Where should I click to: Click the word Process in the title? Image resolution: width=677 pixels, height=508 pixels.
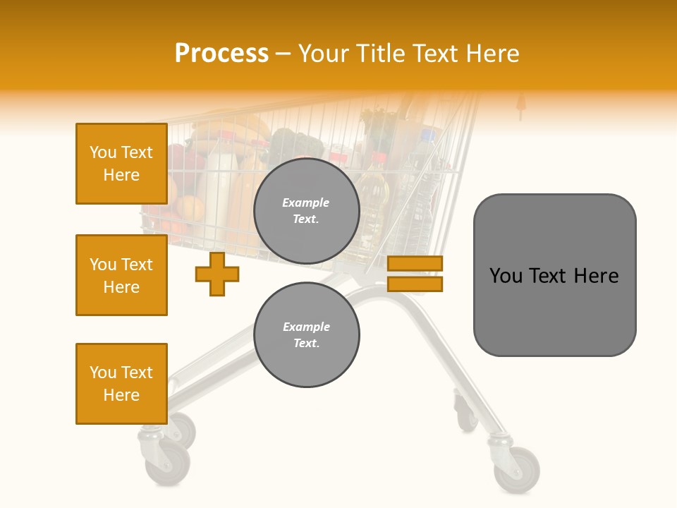point(221,54)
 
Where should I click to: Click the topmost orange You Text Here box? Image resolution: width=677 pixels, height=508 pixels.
point(121,164)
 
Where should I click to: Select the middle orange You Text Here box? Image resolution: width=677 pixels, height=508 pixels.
point(121,275)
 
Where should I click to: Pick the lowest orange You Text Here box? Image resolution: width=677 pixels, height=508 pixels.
point(121,384)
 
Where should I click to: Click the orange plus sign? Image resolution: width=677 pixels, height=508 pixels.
point(217,274)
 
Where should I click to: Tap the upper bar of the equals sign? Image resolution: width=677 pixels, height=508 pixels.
point(415,263)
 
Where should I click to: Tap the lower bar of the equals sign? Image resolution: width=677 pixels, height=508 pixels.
point(415,284)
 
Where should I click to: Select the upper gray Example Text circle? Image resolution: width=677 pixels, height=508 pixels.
point(307,211)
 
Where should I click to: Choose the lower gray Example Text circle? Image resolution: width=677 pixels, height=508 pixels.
point(307,334)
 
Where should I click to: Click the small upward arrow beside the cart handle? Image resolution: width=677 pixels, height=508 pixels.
point(521,105)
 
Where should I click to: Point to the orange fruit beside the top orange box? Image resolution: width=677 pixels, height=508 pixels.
point(189,208)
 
